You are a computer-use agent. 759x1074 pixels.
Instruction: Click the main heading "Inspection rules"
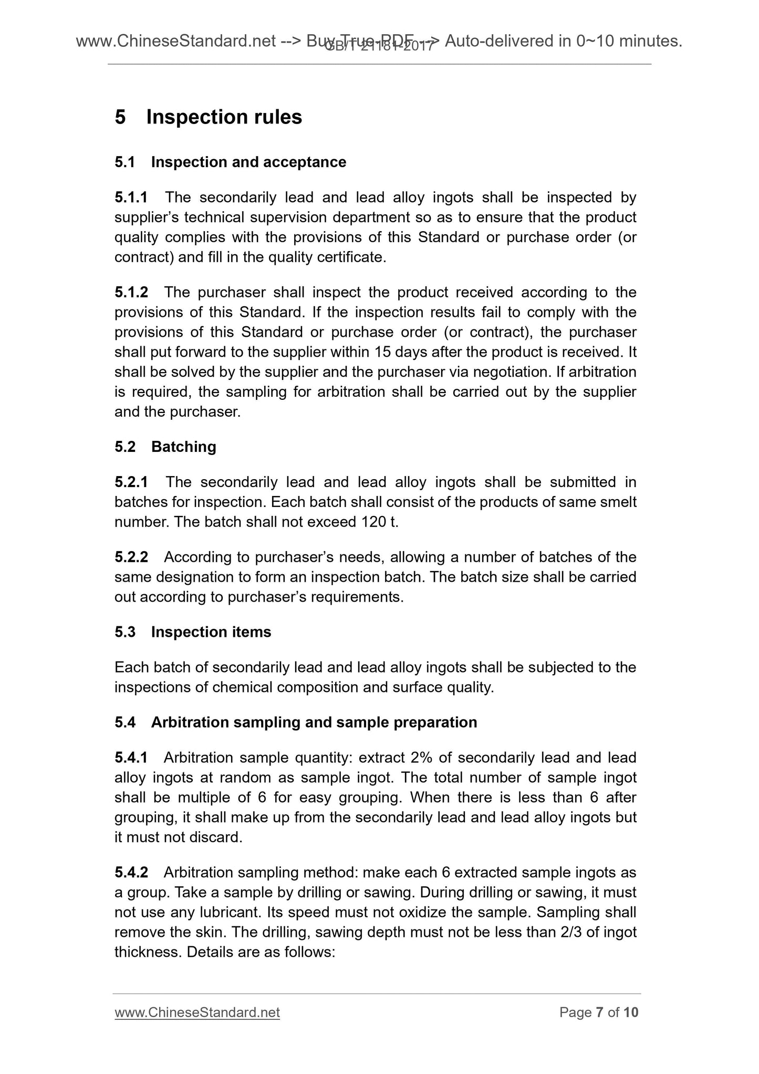[224, 117]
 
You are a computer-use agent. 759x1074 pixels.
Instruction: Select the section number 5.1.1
[131, 198]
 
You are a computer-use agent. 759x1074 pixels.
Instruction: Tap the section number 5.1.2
[131, 292]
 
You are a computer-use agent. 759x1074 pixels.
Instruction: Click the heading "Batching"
[183, 447]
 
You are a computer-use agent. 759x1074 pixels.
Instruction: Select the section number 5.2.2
[131, 557]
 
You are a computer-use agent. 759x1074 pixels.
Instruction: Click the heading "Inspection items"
[211, 632]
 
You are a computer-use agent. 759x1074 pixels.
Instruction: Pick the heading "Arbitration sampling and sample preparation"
[314, 722]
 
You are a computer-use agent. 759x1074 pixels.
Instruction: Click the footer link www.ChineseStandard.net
[197, 1013]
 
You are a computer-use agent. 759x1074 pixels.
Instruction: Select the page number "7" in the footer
[599, 1013]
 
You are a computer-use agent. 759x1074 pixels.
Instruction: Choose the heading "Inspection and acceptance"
[248, 162]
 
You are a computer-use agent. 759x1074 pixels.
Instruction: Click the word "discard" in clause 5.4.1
[216, 838]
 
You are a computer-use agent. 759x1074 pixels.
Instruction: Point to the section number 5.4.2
[131, 873]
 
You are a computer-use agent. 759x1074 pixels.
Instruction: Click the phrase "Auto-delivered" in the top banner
[499, 41]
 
